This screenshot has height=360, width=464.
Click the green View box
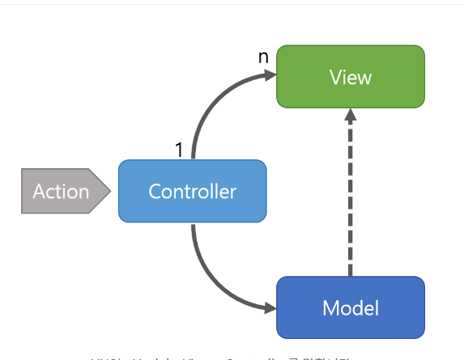pos(350,77)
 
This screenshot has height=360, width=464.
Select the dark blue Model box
pos(350,307)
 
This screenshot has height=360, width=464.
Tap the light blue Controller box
pos(192,191)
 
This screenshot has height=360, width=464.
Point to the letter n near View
pos(262,57)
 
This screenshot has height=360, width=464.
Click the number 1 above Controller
pos(181,150)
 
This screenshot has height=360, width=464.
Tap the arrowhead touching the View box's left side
pos(269,75)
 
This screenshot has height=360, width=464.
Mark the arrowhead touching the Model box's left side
pos(269,307)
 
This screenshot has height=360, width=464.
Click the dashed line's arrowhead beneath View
pos(350,116)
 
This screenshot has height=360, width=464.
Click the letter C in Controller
pos(155,192)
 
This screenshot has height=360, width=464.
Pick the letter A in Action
pos(39,192)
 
